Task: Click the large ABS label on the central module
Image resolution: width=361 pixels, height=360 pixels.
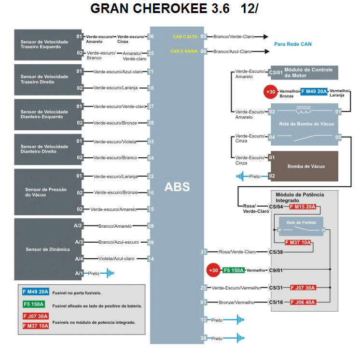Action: click(x=177, y=187)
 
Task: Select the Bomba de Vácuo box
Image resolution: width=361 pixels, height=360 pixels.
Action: click(x=306, y=166)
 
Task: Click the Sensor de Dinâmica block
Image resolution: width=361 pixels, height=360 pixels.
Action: click(x=48, y=249)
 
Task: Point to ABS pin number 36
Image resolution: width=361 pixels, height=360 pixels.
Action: click(x=151, y=37)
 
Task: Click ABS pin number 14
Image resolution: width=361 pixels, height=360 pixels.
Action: click(x=151, y=259)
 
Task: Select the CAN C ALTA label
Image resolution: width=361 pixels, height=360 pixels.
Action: click(x=185, y=37)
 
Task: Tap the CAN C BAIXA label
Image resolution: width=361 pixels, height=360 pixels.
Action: click(x=184, y=51)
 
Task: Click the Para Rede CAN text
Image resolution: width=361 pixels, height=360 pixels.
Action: click(x=293, y=44)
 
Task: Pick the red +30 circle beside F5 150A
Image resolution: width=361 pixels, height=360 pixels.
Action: click(x=213, y=270)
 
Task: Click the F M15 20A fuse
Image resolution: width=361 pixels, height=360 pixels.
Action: click(x=302, y=207)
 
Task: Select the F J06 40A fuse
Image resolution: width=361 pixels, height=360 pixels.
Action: click(x=303, y=302)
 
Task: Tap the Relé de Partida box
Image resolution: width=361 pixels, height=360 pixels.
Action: click(x=301, y=224)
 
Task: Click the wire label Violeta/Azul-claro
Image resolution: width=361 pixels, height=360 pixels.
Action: click(x=116, y=259)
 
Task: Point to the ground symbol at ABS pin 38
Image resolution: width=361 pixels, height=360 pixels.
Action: click(x=237, y=338)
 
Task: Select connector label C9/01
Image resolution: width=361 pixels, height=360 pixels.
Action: click(x=276, y=270)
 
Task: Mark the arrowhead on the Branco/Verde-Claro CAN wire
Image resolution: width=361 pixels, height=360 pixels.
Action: click(x=265, y=37)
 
